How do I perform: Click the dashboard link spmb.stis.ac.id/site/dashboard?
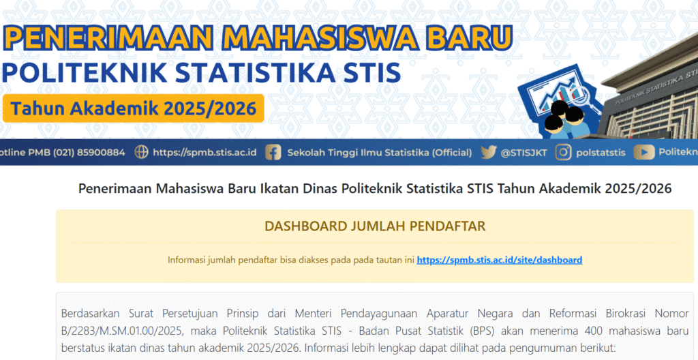pos(499,260)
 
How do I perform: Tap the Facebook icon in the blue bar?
pos(273,152)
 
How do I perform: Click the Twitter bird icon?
pos(488,152)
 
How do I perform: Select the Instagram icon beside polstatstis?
pos(562,152)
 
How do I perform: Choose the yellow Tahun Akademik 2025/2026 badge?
pos(134,108)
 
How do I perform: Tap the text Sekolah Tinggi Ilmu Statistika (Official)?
pos(379,152)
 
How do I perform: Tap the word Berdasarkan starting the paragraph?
pos(91,314)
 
